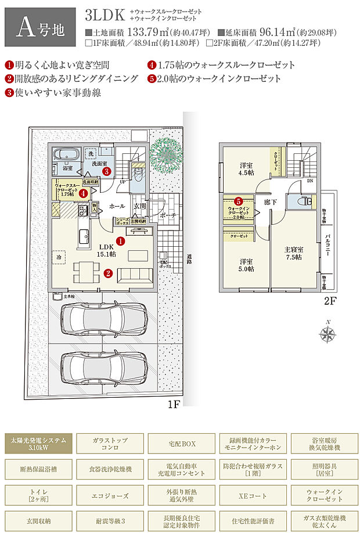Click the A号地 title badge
tap(39, 27)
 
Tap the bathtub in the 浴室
tap(65, 156)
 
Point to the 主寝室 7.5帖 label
tap(293, 253)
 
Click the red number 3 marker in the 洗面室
tap(106, 171)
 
